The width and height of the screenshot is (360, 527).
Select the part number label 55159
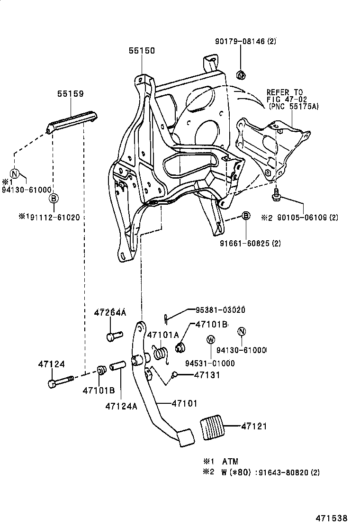71,94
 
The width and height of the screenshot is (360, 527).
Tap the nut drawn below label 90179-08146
241,74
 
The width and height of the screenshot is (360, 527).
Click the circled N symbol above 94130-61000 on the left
14,173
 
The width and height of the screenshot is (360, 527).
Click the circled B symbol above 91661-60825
246,216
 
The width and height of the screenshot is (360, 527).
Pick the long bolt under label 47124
59,381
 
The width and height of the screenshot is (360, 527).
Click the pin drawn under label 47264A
111,336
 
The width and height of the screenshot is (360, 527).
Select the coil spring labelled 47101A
160,354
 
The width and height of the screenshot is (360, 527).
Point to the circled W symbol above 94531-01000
211,339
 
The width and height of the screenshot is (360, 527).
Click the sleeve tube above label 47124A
118,367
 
